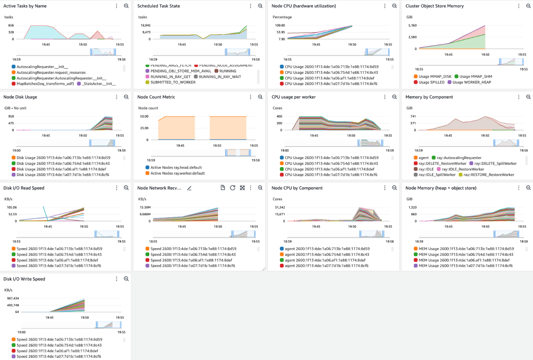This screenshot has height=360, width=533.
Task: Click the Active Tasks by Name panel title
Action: pyautogui.click(x=25, y=6)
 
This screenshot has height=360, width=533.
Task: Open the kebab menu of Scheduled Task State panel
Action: pyautogui.click(x=250, y=6)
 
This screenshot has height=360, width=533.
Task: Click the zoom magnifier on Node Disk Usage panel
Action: pyautogui.click(x=126, y=97)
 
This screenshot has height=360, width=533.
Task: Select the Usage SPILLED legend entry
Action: pyautogui.click(x=431, y=82)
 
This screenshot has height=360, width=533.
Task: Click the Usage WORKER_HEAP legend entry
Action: pyautogui.click(x=471, y=82)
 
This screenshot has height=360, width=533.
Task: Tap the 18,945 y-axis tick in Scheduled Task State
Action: pyautogui.click(x=145, y=25)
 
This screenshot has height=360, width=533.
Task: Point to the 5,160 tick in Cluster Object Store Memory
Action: pyautogui.click(x=412, y=25)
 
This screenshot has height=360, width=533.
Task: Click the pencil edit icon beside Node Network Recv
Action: pyautogui.click(x=189, y=188)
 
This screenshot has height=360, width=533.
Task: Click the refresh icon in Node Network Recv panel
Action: pyautogui.click(x=233, y=188)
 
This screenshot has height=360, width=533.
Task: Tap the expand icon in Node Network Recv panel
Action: pyautogui.click(x=242, y=188)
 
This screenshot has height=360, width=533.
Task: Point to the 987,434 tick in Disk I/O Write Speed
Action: pyautogui.click(x=13, y=298)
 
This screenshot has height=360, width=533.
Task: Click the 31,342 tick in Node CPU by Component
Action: pyautogui.click(x=280, y=207)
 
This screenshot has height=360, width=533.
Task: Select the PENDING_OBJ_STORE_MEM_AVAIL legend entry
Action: pyautogui.click(x=181, y=71)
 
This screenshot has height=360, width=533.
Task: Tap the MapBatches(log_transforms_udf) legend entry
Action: pyautogui.click(x=45, y=84)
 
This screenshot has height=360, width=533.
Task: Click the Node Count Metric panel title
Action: pyautogui.click(x=156, y=97)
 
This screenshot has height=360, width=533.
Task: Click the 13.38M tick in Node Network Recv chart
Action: pyautogui.click(x=145, y=207)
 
